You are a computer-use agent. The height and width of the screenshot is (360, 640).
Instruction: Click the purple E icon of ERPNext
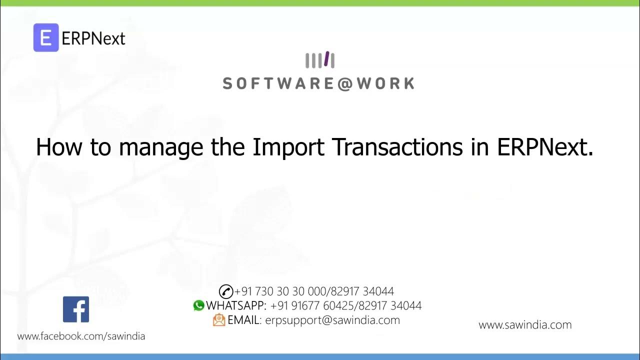click(46, 37)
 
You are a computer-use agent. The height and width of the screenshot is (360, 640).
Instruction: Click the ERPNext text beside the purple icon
click(93, 38)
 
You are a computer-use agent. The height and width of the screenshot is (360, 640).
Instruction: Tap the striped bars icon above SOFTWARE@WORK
click(320, 60)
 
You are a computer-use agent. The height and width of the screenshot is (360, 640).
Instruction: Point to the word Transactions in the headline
click(398, 147)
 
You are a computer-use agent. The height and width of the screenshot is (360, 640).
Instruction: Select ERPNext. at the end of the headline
click(545, 147)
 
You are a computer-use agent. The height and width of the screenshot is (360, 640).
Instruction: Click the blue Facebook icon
click(76, 309)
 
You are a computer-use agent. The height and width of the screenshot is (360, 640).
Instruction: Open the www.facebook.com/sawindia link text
click(81, 336)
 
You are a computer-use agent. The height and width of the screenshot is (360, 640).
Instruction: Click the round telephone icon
click(226, 291)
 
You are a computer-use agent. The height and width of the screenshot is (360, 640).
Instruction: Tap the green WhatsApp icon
click(199, 305)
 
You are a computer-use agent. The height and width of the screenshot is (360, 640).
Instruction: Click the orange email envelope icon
click(219, 320)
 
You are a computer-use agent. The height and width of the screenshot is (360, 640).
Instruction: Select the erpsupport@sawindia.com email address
click(332, 320)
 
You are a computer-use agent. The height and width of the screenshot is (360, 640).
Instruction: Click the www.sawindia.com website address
click(525, 325)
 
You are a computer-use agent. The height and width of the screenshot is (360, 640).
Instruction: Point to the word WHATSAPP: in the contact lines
click(236, 305)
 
